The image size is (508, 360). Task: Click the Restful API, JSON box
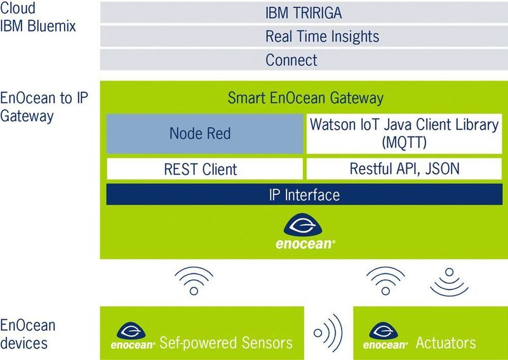tap(403, 169)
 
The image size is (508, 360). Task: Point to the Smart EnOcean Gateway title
tap(305, 98)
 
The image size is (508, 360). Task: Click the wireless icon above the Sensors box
tap(194, 279)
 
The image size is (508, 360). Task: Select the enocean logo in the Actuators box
tap(385, 337)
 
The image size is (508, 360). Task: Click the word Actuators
tap(445, 343)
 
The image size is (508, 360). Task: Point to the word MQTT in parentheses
tap(403, 143)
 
